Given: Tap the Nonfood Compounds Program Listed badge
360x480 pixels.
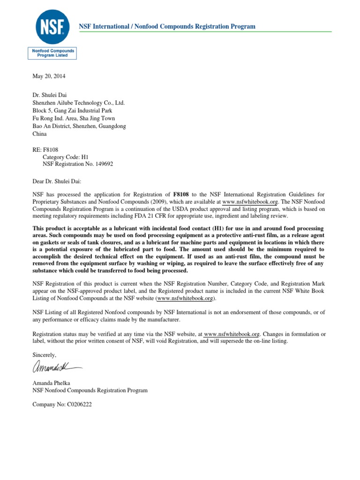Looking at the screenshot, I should [52, 52].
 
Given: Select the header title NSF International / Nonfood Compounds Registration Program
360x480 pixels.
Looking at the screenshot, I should [167, 26].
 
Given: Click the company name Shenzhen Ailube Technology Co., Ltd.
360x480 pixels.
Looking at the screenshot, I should [78, 103].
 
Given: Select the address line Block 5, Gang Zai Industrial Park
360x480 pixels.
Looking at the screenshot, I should [73, 111].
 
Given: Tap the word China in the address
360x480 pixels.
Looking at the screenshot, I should [39, 134].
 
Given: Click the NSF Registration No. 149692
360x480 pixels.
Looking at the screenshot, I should [78, 164].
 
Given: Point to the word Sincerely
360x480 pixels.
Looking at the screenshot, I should [45, 355].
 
